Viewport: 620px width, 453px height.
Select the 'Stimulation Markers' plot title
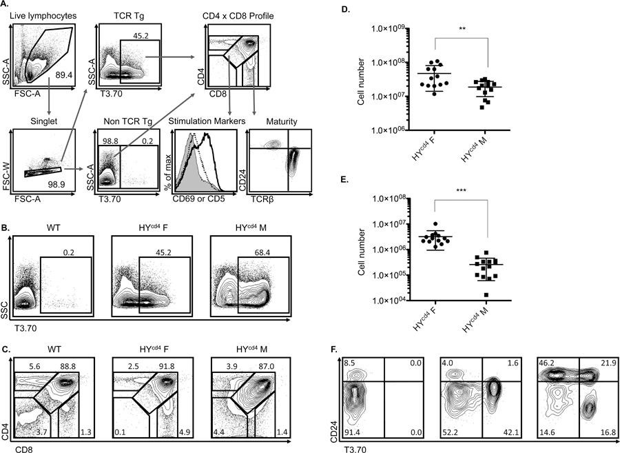click(x=205, y=122)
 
